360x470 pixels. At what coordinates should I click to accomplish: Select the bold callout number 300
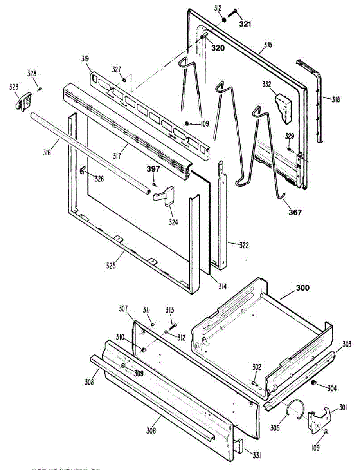click(302, 288)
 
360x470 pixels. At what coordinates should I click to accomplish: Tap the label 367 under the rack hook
click(295, 212)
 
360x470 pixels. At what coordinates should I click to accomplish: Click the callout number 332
click(267, 84)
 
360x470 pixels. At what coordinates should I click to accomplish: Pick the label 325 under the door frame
click(110, 265)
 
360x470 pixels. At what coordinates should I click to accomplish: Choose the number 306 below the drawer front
click(151, 431)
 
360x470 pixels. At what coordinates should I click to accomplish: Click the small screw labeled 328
click(40, 89)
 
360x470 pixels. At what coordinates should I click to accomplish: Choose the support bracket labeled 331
click(239, 446)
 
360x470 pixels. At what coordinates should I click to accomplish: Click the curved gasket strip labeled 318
click(316, 98)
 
